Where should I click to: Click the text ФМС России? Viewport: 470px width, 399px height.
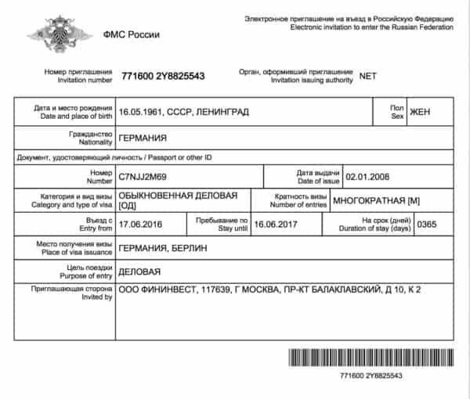tap(132, 34)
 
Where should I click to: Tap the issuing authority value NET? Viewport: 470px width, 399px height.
tap(368, 76)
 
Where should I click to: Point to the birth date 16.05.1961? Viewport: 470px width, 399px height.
tap(139, 112)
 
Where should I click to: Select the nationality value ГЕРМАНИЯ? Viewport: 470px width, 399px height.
tap(143, 139)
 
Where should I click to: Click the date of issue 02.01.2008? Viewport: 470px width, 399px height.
tap(367, 178)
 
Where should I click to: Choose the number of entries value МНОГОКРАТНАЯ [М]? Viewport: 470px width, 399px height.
tap(377, 201)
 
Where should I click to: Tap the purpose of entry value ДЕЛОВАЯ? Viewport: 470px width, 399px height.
tap(139, 272)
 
